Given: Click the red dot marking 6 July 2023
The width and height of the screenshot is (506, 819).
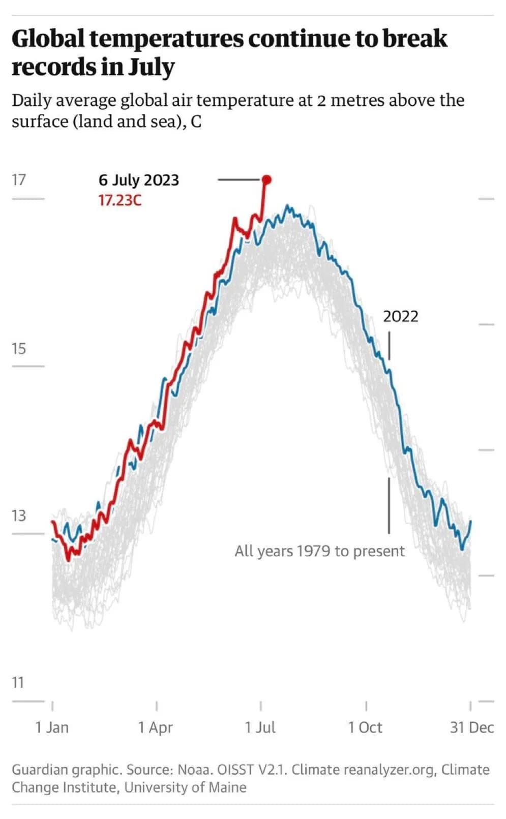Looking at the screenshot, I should click(x=266, y=179).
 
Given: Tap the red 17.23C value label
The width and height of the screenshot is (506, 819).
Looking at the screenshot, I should click(x=120, y=200).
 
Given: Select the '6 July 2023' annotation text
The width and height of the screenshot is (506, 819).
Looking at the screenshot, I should click(x=139, y=180).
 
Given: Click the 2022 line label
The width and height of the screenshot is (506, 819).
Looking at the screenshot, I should click(x=400, y=316).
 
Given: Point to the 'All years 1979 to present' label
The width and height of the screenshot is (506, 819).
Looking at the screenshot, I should click(x=319, y=551).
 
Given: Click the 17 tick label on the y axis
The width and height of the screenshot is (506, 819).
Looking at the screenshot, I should click(x=19, y=180).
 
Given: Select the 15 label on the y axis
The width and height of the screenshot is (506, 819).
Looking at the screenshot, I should click(x=19, y=349).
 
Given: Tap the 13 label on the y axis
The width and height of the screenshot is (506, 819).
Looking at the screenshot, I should click(x=19, y=516).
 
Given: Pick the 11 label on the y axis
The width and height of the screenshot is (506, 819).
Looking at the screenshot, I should click(x=18, y=683).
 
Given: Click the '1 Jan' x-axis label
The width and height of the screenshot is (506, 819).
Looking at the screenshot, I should click(x=52, y=727).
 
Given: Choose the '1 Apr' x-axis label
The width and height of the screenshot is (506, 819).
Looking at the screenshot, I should click(x=156, y=727).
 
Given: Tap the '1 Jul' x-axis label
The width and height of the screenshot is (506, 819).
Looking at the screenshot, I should click(x=260, y=727).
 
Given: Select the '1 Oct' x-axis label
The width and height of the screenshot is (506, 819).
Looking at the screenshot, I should click(x=365, y=727).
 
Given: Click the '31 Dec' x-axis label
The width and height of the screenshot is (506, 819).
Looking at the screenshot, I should click(x=471, y=727).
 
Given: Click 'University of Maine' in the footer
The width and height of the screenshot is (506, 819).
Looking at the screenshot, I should click(x=185, y=787).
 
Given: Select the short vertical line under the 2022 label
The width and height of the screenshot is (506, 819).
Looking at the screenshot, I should click(x=389, y=346).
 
